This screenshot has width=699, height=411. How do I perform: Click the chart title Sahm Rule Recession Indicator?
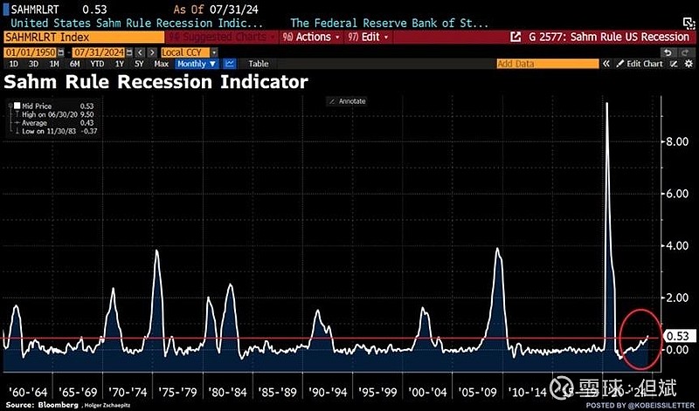pyautogui.click(x=156, y=83)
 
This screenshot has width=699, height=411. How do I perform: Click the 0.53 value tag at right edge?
pyautogui.click(x=677, y=336)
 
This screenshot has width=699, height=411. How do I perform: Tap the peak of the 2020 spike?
pyautogui.click(x=606, y=104)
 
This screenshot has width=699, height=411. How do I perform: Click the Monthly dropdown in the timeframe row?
pyautogui.click(x=196, y=64)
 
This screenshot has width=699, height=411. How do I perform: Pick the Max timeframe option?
pyautogui.click(x=162, y=64)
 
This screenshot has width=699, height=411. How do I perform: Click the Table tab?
pyautogui.click(x=258, y=64)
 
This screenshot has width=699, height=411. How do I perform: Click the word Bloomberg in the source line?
pyautogui.click(x=53, y=406)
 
